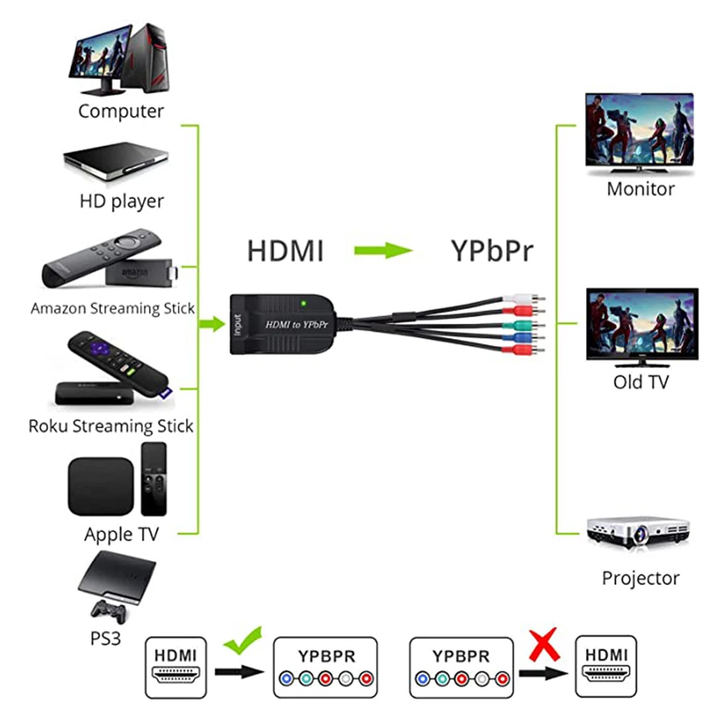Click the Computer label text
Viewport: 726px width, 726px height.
(121, 111)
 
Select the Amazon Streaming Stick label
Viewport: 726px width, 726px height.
(113, 309)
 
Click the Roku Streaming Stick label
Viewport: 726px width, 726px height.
(111, 425)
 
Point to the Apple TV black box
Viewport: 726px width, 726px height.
(101, 486)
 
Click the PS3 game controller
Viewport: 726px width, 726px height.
(107, 611)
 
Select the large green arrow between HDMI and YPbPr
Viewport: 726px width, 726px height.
(383, 251)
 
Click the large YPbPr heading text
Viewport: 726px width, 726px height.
(492, 251)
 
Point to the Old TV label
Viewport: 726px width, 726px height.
(640, 381)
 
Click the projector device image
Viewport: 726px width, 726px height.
(638, 534)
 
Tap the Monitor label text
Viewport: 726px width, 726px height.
(640, 189)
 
